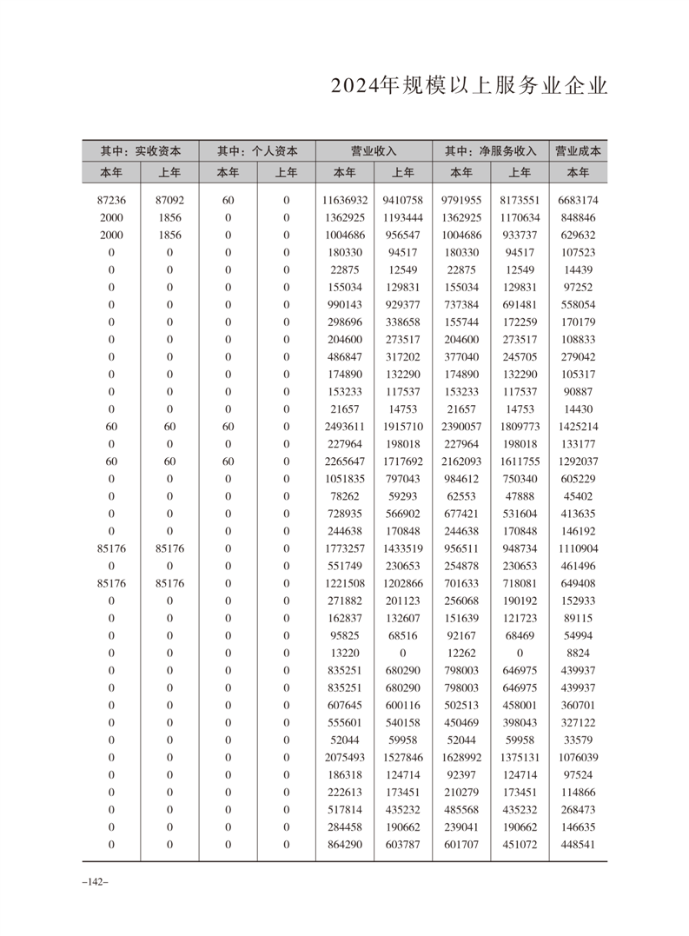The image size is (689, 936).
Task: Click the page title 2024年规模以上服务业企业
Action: (468, 89)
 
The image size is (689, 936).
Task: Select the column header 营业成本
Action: (578, 150)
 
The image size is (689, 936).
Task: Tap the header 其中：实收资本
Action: (140, 150)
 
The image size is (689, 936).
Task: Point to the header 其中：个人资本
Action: (256, 150)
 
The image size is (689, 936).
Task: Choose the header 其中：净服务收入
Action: (490, 150)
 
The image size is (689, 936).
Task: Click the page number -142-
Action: (93, 882)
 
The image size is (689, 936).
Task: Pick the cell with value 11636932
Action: (345, 200)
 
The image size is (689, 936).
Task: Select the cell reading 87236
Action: (111, 200)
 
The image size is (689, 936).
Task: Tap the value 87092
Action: (169, 200)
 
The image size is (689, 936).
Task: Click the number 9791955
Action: (461, 200)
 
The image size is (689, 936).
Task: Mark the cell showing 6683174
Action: (578, 200)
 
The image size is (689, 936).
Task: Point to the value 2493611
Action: (345, 427)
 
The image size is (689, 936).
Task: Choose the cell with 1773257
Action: (345, 548)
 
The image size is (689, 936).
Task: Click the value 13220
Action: (345, 653)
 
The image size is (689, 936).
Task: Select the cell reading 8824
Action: (578, 653)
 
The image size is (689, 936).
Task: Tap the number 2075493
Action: (345, 757)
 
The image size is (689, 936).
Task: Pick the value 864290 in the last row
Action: (345, 844)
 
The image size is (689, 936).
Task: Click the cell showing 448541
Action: (578, 844)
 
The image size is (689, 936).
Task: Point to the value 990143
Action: (345, 305)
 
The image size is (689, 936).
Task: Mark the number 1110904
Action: (578, 548)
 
